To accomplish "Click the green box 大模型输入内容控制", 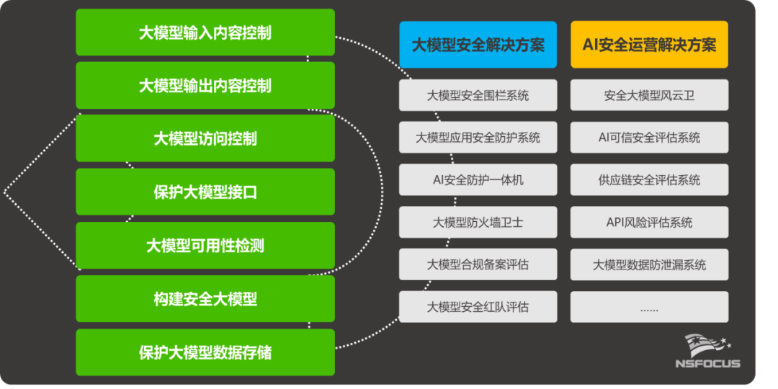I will (205, 32).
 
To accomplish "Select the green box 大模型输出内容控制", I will (205, 86).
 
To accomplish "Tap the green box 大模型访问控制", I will (205, 138).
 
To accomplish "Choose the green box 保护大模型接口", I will (205, 192).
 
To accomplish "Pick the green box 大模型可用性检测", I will (205, 246).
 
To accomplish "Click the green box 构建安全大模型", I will (205, 299).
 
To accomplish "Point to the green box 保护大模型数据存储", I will (205, 352).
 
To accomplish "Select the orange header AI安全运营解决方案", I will (649, 45).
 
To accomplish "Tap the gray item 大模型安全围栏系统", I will (478, 95).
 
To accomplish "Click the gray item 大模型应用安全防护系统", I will (478, 138).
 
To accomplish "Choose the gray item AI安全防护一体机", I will (478, 180).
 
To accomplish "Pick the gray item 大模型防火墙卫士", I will (478, 223).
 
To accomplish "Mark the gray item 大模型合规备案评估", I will (478, 264).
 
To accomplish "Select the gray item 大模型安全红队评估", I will (478, 307).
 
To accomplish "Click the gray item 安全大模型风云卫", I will (649, 95).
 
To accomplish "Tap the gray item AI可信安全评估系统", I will (649, 138).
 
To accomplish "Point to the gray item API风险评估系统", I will (649, 223).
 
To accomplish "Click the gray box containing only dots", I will (649, 307).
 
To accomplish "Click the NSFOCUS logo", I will (707, 352).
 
